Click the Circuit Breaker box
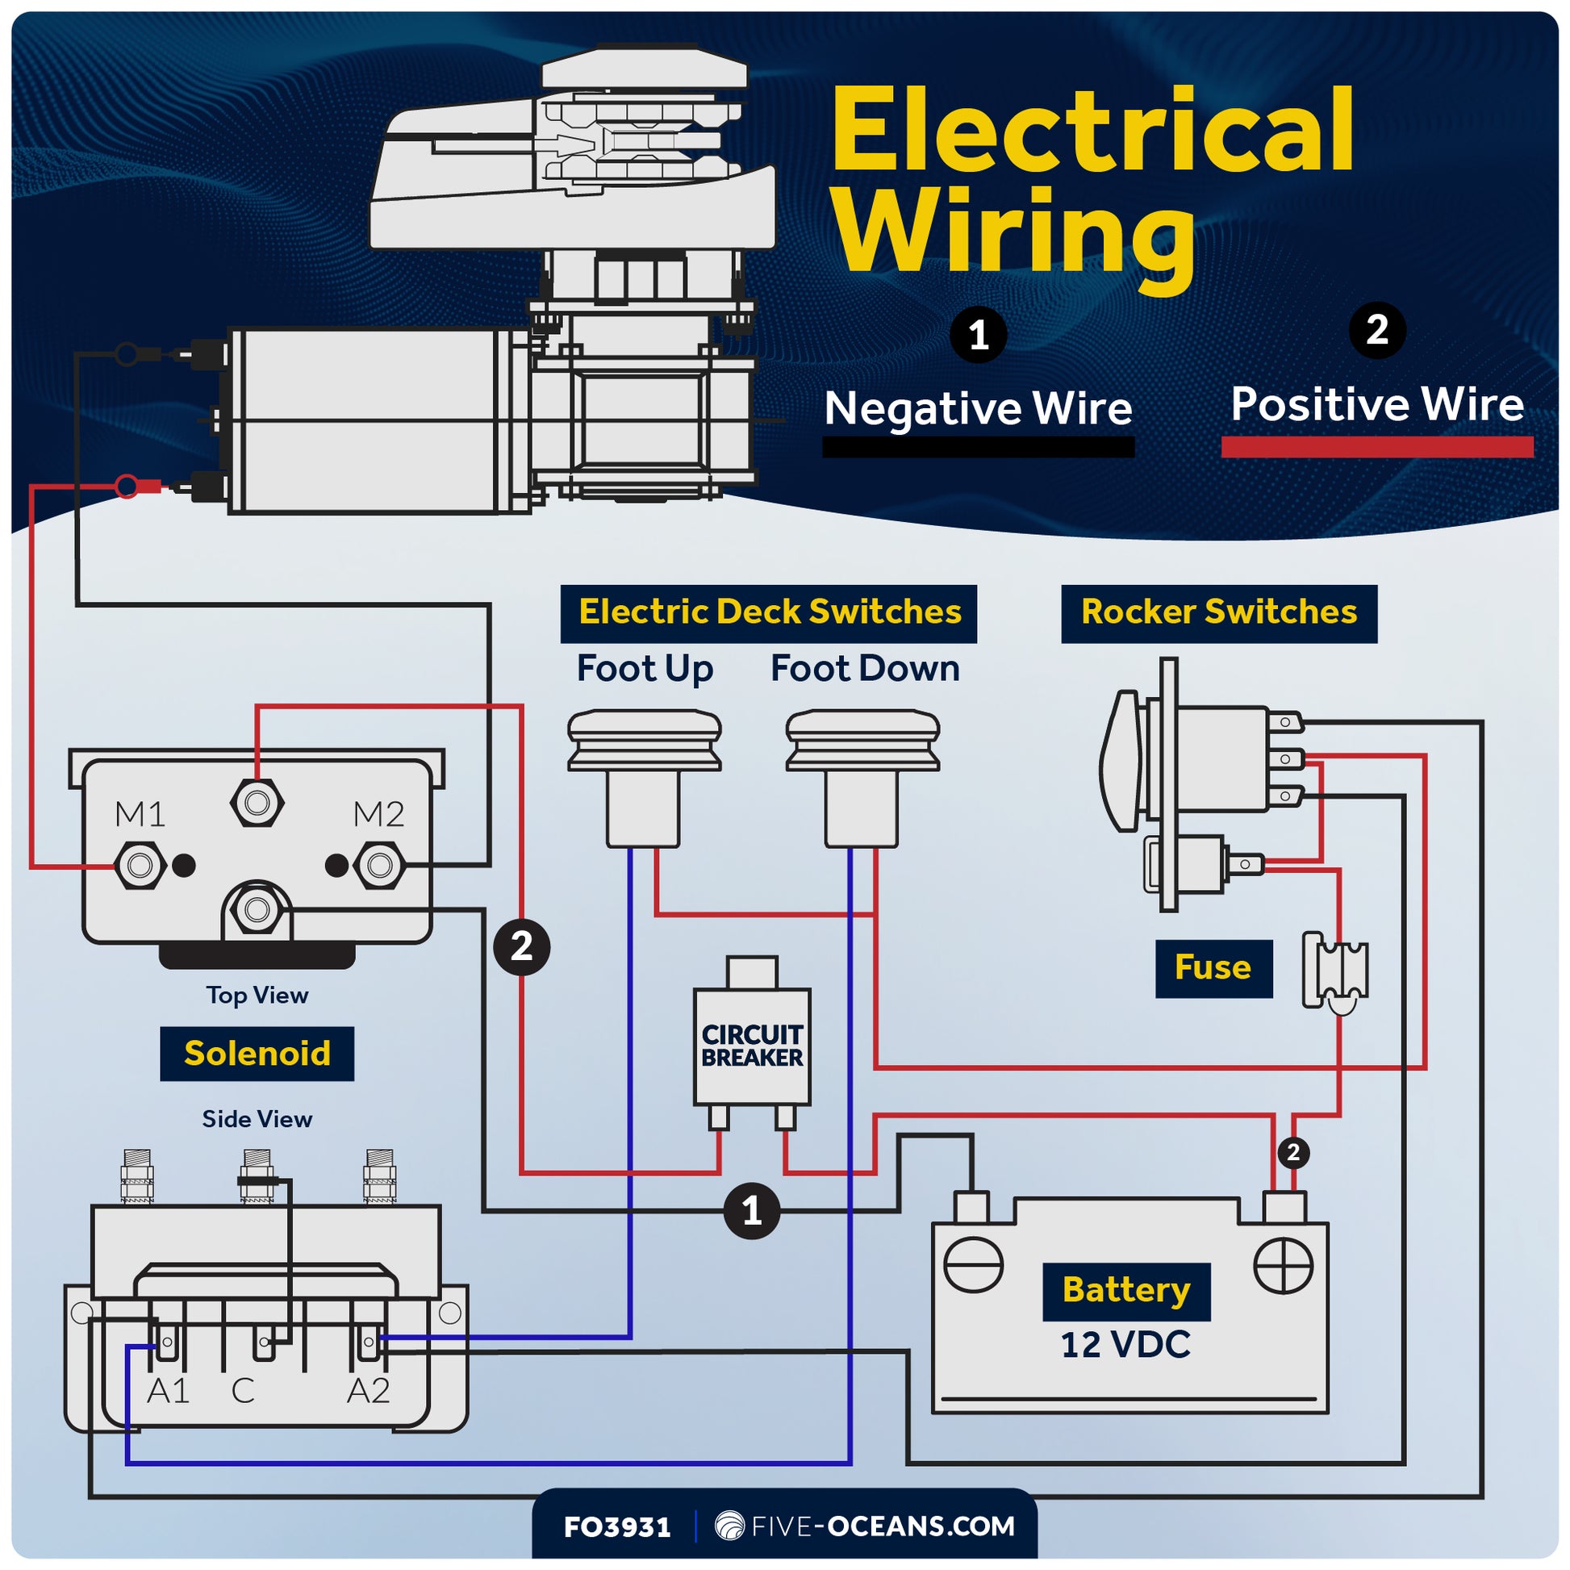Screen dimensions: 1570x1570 tap(752, 1046)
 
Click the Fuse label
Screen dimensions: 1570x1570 tap(1213, 968)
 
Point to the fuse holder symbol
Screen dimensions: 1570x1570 tap(1335, 971)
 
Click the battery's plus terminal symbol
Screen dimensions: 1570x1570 tap(1283, 1265)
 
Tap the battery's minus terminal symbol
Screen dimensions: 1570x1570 tap(973, 1265)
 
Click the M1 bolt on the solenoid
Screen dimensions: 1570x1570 tap(140, 865)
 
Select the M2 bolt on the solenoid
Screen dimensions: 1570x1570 tap(379, 865)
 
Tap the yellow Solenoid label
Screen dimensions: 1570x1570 tap(257, 1053)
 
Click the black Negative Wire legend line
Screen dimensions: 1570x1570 tap(978, 447)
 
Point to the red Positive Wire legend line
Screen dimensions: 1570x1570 tap(1376, 446)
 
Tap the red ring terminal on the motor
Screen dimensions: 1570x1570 tap(127, 486)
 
